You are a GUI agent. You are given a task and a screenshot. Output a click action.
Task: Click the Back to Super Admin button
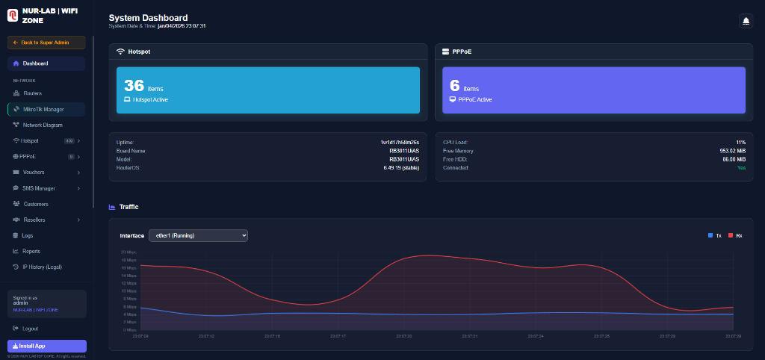pos(46,43)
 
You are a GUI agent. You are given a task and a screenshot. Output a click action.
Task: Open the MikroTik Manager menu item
pos(48,109)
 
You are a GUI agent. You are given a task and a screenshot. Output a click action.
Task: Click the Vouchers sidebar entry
pos(34,173)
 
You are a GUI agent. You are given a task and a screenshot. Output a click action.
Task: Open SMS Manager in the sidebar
pos(39,188)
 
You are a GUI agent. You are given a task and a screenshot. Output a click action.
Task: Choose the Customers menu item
pos(35,204)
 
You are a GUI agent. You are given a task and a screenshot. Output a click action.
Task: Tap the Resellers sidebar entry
pos(34,220)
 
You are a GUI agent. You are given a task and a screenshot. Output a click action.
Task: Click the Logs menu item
pos(28,235)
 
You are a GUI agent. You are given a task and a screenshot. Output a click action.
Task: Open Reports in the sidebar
pos(31,251)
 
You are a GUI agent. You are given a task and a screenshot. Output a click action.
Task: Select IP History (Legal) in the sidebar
pos(42,267)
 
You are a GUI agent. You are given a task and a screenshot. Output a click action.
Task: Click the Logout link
pos(30,329)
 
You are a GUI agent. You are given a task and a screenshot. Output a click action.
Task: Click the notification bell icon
pos(745,22)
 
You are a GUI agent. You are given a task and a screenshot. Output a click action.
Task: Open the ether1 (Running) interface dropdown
pos(198,235)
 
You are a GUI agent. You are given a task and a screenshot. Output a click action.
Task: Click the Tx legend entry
pos(715,235)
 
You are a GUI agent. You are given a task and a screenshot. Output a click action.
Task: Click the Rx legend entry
pos(735,235)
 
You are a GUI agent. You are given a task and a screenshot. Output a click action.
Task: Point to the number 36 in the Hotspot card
pos(134,85)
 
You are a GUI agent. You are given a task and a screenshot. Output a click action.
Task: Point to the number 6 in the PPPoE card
pos(454,85)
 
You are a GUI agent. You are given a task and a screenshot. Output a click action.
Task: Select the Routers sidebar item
pos(32,93)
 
